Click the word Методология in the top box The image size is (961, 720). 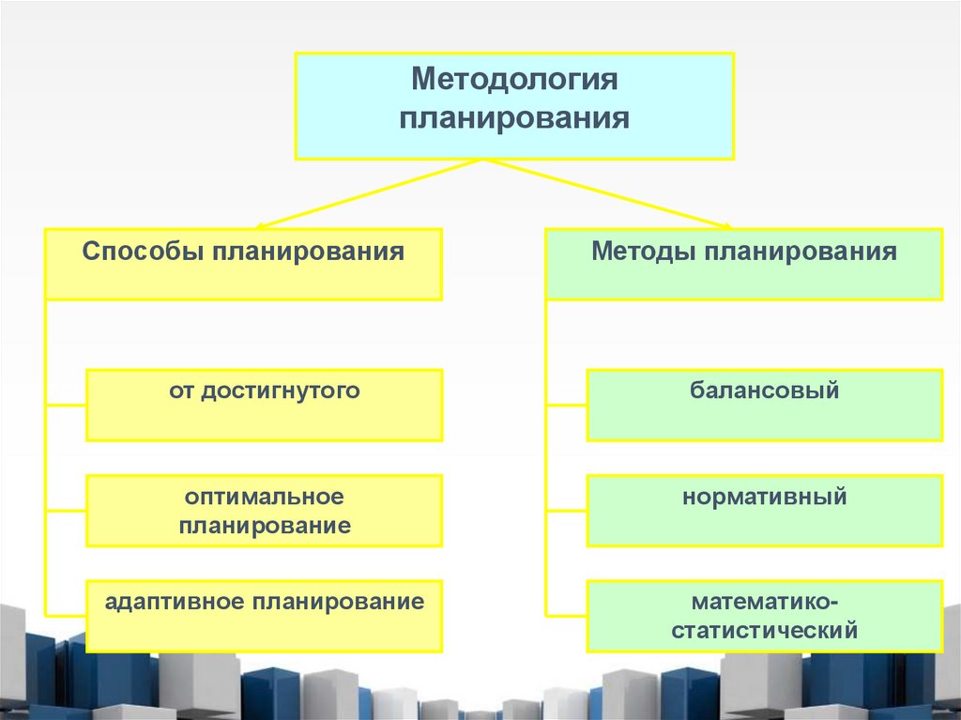coord(514,79)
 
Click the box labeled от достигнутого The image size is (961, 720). coord(265,405)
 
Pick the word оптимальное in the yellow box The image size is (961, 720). coord(265,495)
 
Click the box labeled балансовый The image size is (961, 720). coord(765,405)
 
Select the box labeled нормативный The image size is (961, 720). coord(765,510)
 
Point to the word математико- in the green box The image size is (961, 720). coord(765,600)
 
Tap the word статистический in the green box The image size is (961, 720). coord(765,629)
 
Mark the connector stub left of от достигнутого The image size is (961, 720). coord(66,405)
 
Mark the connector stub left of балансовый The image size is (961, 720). coord(566,405)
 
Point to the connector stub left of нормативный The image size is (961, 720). coord(566,510)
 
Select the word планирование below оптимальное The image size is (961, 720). coord(265,525)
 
